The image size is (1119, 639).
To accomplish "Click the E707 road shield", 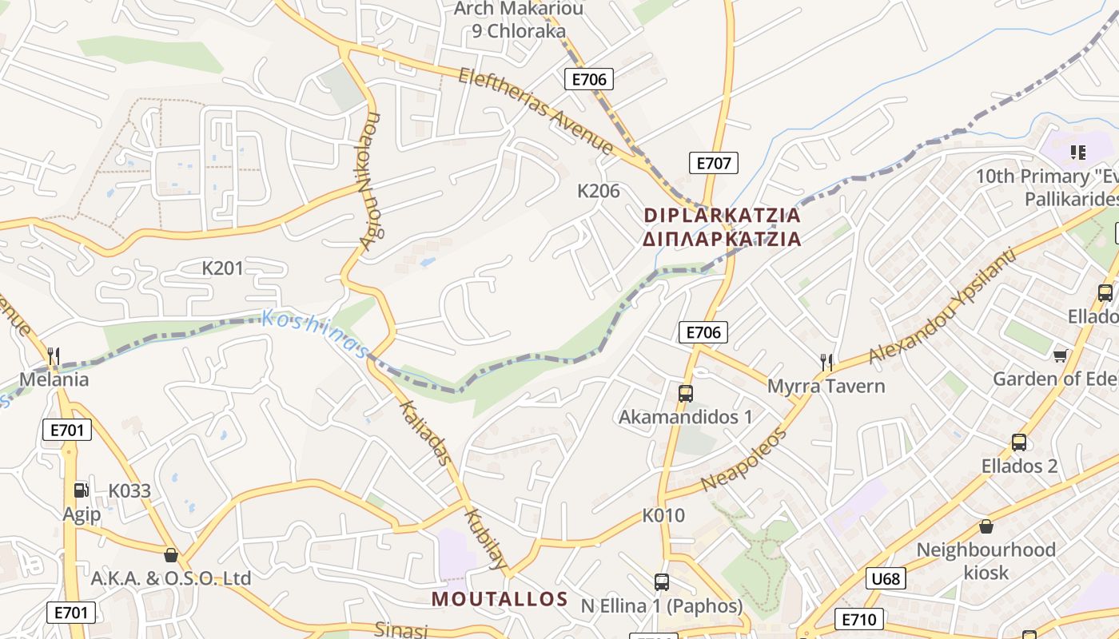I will (713, 163).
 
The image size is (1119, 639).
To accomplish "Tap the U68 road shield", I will (886, 578).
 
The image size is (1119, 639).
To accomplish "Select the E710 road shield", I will (859, 618).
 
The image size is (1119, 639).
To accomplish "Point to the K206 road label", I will (599, 191).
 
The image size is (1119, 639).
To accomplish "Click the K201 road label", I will (222, 268).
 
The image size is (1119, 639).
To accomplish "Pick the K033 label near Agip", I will (129, 490).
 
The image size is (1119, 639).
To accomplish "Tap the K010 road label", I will (663, 515).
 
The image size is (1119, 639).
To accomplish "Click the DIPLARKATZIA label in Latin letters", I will (722, 215).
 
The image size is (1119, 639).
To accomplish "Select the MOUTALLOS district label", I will (500, 599).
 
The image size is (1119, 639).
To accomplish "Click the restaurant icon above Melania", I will (54, 355).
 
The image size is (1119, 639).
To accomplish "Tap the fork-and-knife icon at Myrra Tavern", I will (826, 362).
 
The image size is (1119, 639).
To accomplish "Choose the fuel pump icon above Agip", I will (81, 490).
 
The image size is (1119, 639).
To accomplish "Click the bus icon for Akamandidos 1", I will (685, 393).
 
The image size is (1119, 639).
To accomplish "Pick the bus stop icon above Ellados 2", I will (1018, 442).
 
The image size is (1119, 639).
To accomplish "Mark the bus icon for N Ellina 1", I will (661, 581).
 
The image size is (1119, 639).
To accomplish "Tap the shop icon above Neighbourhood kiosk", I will (986, 526).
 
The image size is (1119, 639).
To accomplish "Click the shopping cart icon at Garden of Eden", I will (1060, 355).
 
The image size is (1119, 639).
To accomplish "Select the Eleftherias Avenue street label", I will (536, 110).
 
